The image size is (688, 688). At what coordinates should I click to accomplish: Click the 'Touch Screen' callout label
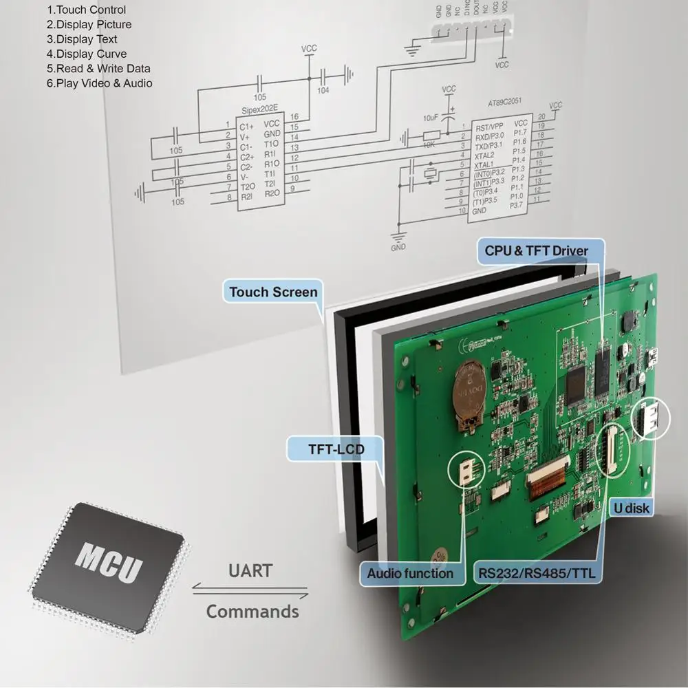pyautogui.click(x=273, y=292)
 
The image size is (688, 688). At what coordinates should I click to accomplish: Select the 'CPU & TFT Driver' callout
pyautogui.click(x=536, y=250)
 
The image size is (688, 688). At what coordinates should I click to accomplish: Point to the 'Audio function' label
pyautogui.click(x=409, y=573)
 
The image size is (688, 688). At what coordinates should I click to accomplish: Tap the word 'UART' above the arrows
pyautogui.click(x=250, y=571)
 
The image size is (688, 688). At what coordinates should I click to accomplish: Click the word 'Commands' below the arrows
pyautogui.click(x=252, y=611)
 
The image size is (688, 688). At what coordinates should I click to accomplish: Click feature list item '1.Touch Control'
pyautogui.click(x=86, y=10)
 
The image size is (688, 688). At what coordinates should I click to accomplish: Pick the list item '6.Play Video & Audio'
pyautogui.click(x=99, y=83)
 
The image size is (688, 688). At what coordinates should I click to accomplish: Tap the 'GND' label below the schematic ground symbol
pyautogui.click(x=398, y=247)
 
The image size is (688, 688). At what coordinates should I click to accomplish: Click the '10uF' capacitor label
pyautogui.click(x=431, y=118)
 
